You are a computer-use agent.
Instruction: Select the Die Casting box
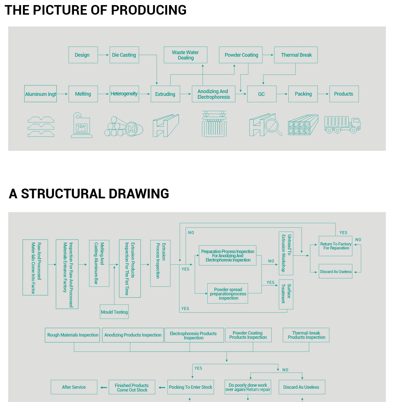(124, 55)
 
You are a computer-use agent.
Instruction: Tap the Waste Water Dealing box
(185, 55)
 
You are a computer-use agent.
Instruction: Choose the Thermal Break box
(296, 55)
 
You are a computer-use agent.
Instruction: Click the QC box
(262, 94)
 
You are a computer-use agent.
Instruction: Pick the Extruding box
(165, 94)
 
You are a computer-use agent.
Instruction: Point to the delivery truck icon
(342, 125)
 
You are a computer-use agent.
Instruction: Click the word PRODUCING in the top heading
(149, 10)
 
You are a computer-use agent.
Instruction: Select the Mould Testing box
(114, 312)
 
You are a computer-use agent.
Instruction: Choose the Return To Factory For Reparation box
(335, 246)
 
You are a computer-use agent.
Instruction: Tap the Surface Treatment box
(286, 294)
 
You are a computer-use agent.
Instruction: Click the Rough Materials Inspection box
(73, 335)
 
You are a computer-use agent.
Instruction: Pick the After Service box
(74, 387)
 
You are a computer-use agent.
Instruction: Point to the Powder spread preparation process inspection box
(228, 294)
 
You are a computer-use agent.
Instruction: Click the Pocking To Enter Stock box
(190, 387)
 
